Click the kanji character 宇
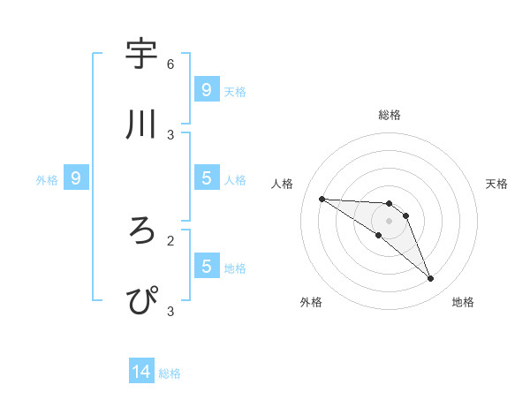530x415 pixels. [x=142, y=55]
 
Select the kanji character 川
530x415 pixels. [x=142, y=124]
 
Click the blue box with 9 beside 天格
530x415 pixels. [x=206, y=90]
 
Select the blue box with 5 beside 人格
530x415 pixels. [x=206, y=178]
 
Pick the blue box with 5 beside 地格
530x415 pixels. [x=206, y=267]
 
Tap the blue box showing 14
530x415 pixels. [x=141, y=373]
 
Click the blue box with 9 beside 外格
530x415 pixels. [x=76, y=178]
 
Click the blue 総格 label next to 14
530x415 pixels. [x=170, y=373]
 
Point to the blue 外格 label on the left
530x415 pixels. [x=47, y=179]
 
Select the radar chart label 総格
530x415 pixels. [x=390, y=115]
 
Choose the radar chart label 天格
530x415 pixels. [x=497, y=184]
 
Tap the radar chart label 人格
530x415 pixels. [x=282, y=184]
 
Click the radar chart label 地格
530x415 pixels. [x=463, y=302]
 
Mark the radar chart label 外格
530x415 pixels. [x=311, y=302]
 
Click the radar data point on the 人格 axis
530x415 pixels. [x=322, y=199]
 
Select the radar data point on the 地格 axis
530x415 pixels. [x=431, y=279]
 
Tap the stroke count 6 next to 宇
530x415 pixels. [x=170, y=64]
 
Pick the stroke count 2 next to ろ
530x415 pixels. [x=170, y=239]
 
